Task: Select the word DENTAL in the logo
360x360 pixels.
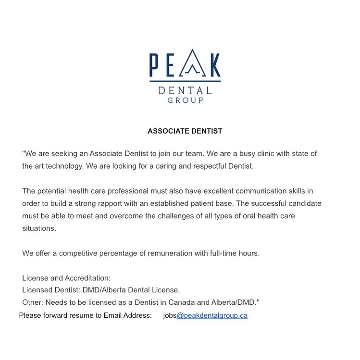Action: click(185, 90)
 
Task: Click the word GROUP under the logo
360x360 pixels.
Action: click(185, 100)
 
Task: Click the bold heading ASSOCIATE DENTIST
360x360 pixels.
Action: click(185, 131)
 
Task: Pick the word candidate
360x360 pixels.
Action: click(304, 203)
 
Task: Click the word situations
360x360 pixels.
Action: click(39, 228)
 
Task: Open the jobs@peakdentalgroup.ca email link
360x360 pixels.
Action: click(212, 316)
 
